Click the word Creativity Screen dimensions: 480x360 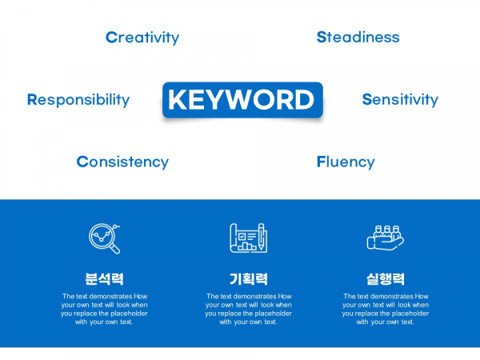coord(142,38)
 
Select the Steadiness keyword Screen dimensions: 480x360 coord(358,37)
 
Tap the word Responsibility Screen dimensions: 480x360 coord(78,100)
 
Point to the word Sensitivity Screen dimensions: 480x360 coord(400,99)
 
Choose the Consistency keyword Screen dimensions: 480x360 coord(122,162)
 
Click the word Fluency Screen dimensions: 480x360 coord(346,162)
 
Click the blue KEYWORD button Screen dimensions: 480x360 coord(242,100)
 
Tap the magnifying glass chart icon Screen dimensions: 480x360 coord(104,238)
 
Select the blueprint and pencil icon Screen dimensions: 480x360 coord(249,238)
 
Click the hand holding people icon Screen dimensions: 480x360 coord(386,238)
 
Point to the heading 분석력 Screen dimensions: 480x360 coord(104,279)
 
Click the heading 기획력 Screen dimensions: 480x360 coord(249,279)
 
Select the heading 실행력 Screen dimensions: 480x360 coord(386,279)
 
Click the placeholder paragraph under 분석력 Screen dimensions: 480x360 coord(104,309)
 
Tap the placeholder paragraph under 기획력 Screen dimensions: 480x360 coord(249,309)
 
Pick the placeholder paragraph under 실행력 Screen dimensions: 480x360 coord(386,309)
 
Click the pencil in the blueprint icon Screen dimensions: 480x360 coord(262,237)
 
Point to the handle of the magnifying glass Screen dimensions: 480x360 coord(114,248)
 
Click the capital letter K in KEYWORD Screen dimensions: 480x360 coord(178,99)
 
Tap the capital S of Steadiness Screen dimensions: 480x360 coord(321,37)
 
